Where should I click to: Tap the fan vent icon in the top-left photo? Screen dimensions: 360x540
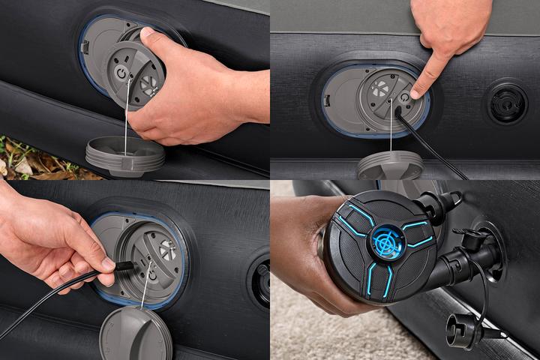tap(149, 85)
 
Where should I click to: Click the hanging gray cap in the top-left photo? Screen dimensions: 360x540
tap(125, 154)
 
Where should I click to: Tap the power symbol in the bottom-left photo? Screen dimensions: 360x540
tap(152, 274)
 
